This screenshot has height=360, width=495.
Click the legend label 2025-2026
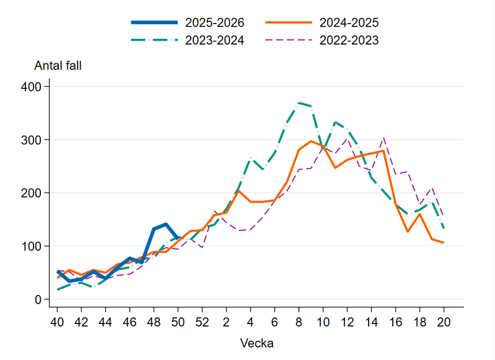[x=214, y=23]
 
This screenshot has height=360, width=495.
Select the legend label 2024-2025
[x=349, y=23]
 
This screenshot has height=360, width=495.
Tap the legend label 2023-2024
[x=214, y=41]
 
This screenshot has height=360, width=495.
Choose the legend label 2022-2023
[x=349, y=41]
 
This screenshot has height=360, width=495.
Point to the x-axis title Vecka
[x=256, y=343]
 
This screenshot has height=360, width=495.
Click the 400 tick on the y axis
[x=30, y=87]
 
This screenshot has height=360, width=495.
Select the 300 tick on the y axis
[x=30, y=140]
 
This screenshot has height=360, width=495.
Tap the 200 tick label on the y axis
[x=30, y=193]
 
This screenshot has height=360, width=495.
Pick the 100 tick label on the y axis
[x=30, y=247]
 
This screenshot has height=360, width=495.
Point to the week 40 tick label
[x=57, y=322]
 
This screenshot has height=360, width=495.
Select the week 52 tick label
[x=202, y=322]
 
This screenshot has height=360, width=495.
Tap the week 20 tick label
[x=444, y=322]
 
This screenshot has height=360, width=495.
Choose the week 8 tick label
[x=299, y=322]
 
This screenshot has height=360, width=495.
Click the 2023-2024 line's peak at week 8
[x=299, y=103]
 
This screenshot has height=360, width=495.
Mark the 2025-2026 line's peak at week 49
[x=166, y=224]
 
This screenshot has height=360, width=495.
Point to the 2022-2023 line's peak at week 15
[x=383, y=138]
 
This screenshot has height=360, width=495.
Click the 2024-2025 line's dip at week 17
[x=408, y=232]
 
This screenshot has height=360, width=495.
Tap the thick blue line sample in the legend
[x=154, y=23]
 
